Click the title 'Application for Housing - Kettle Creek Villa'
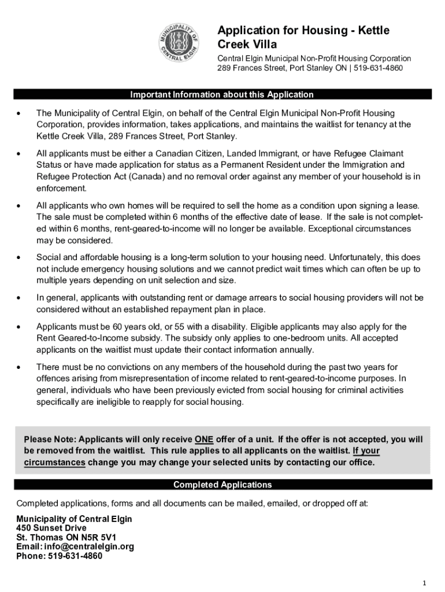303,37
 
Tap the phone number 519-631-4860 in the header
378,68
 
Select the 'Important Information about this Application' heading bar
222,94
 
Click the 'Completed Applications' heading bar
222,484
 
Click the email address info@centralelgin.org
87,546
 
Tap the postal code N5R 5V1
98,537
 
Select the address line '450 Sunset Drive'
51,528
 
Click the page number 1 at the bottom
424,582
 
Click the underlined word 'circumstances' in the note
55,462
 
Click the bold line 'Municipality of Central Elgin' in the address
74,519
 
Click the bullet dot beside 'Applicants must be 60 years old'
20,327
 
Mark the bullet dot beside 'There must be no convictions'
20,367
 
